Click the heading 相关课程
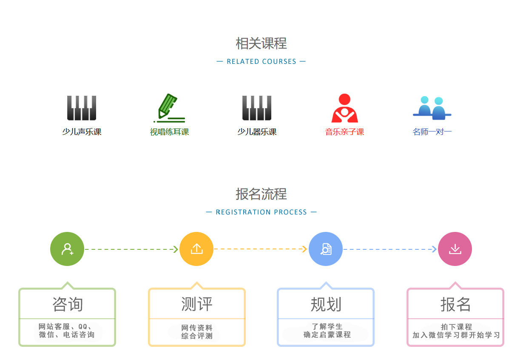tap(261, 43)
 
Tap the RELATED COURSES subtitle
tap(261, 62)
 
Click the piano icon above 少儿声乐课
tap(82, 108)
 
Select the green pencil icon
tap(169, 108)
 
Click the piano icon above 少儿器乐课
tap(257, 108)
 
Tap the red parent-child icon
tap(344, 108)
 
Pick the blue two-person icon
tap(432, 108)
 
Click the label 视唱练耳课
tap(169, 132)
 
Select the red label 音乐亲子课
tap(344, 132)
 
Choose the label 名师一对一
tap(432, 132)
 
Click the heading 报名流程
tap(261, 194)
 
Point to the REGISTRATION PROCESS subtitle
tap(261, 212)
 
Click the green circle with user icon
tap(67, 249)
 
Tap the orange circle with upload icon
tap(196, 249)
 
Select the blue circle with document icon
tap(326, 249)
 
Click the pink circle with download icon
tap(455, 249)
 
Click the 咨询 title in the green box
tap(67, 304)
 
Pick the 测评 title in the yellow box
tap(196, 304)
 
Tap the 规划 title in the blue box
tap(326, 304)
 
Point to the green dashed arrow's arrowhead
tap(176, 249)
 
